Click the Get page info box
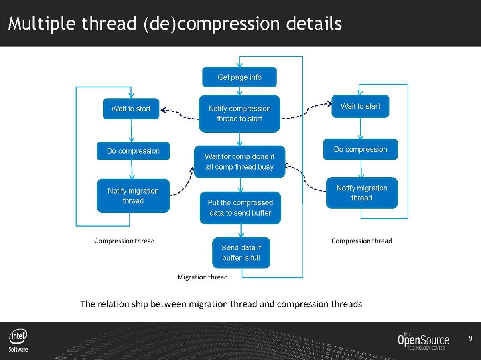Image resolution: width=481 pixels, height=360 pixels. [239, 77]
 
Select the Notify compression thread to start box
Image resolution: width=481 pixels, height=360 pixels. [239, 113]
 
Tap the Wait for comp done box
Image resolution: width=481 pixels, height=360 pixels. [239, 162]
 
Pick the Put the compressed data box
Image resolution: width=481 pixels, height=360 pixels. [240, 208]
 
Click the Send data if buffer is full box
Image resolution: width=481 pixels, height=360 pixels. [241, 253]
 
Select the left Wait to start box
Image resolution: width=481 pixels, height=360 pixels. [131, 109]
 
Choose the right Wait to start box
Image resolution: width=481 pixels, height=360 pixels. [360, 106]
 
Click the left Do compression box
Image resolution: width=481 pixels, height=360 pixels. [133, 151]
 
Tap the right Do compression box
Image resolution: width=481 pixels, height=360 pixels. [360, 149]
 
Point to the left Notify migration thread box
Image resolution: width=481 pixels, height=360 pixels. [133, 196]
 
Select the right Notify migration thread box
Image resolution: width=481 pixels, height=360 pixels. [362, 193]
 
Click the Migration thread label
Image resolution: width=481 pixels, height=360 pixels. [203, 277]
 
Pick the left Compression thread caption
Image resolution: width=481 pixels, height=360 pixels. [124, 241]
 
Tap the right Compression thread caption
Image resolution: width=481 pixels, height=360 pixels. [361, 241]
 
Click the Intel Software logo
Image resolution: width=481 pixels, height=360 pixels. [19, 341]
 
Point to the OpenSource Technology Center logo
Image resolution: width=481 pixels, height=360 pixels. [423, 341]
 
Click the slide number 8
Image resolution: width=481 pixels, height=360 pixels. [471, 339]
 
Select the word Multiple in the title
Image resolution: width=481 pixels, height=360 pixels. [42, 24]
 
